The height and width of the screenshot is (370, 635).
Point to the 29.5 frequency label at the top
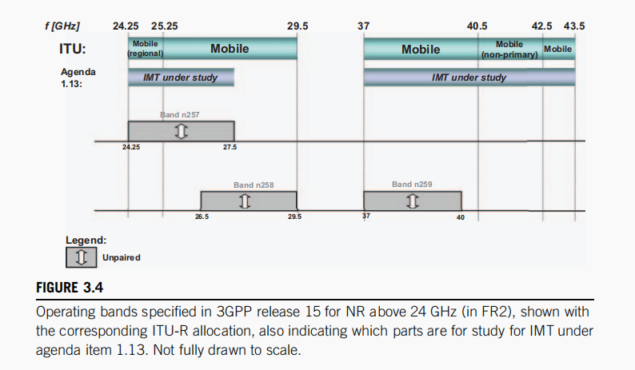pos(298,26)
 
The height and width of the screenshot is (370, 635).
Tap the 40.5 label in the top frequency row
pos(477,26)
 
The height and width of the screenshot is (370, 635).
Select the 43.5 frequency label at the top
pos(574,26)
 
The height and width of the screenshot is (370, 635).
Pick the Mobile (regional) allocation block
pos(146,48)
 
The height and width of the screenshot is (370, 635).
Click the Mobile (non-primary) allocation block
pos(509,49)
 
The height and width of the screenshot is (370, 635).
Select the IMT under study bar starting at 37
pos(469,78)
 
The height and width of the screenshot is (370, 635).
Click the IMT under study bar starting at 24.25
pos(181,78)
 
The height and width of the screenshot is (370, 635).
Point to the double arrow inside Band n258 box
pos(245,200)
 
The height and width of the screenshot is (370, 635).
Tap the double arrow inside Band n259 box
pos(413,200)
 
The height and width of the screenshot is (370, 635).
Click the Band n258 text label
pos(254,185)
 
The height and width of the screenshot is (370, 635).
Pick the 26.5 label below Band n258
pos(202,217)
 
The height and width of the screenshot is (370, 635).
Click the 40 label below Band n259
pos(461,217)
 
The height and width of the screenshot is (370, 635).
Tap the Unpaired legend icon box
pos(82,257)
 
